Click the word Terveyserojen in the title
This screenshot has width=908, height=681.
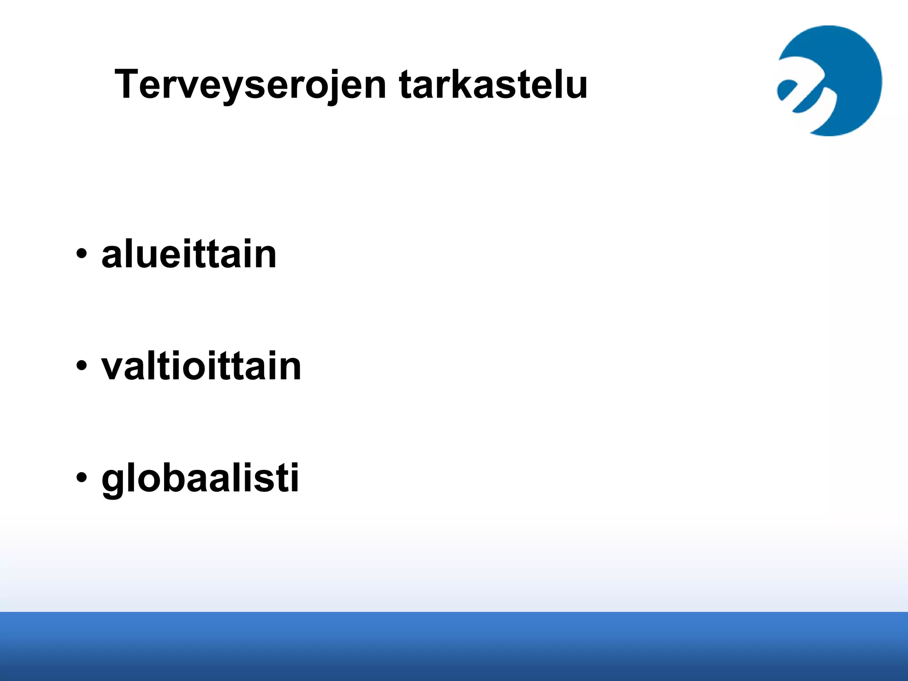tap(250, 84)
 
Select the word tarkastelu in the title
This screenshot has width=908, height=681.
tap(493, 84)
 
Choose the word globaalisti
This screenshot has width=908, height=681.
tap(200, 479)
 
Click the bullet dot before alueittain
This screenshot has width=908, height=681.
tap(81, 254)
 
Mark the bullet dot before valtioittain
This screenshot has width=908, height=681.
tap(81, 367)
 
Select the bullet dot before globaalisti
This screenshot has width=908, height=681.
tap(81, 479)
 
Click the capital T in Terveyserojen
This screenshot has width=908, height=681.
tap(127, 84)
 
